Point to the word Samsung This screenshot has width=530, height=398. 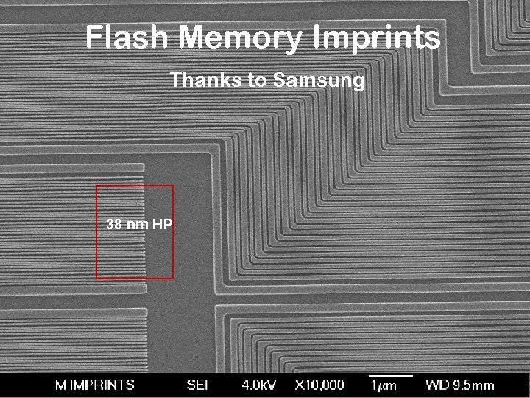click(319, 80)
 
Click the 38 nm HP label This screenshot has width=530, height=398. click(140, 224)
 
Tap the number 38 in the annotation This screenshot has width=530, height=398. click(115, 224)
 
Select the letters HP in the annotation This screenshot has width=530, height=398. click(163, 224)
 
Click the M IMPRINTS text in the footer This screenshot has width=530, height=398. click(95, 385)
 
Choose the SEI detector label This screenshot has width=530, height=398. click(197, 385)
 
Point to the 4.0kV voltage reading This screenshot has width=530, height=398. click(259, 385)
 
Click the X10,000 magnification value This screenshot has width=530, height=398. click(319, 385)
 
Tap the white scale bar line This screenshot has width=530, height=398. click(390, 377)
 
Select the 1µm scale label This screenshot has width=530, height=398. click(384, 386)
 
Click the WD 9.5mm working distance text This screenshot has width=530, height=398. click(460, 385)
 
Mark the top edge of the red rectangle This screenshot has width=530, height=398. click(135, 186)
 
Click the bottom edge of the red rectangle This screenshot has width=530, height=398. click(135, 279)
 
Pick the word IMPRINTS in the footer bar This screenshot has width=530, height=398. click(102, 385)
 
